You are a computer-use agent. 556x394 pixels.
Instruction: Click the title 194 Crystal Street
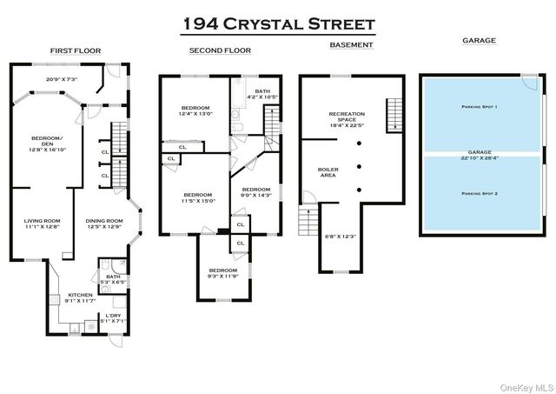point(277,23)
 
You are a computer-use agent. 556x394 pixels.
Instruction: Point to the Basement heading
point(352,45)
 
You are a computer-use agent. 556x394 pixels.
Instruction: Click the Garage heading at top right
point(478,41)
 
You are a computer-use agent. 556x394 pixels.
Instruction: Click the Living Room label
point(41,221)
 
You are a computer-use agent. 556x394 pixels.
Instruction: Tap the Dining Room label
point(104,221)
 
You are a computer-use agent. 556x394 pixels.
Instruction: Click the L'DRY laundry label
point(114,315)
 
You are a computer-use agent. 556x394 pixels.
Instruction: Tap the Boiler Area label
point(328,172)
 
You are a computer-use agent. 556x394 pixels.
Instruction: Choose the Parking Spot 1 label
point(479,107)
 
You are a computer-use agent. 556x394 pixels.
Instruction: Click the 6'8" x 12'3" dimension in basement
point(334,237)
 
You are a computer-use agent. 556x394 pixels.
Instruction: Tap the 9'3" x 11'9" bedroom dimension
point(222,276)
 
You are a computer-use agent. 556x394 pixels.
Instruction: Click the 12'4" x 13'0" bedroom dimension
point(195,114)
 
